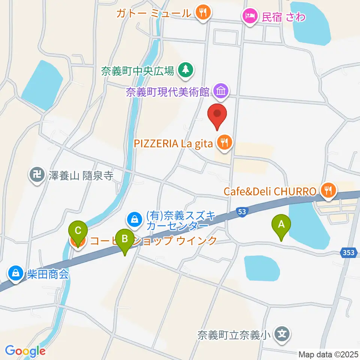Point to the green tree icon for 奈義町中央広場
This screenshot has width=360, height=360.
point(184,70)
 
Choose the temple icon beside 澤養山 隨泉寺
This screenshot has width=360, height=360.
point(37,175)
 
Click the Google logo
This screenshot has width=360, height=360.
point(25,351)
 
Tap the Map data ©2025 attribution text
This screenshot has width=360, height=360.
point(328,354)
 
